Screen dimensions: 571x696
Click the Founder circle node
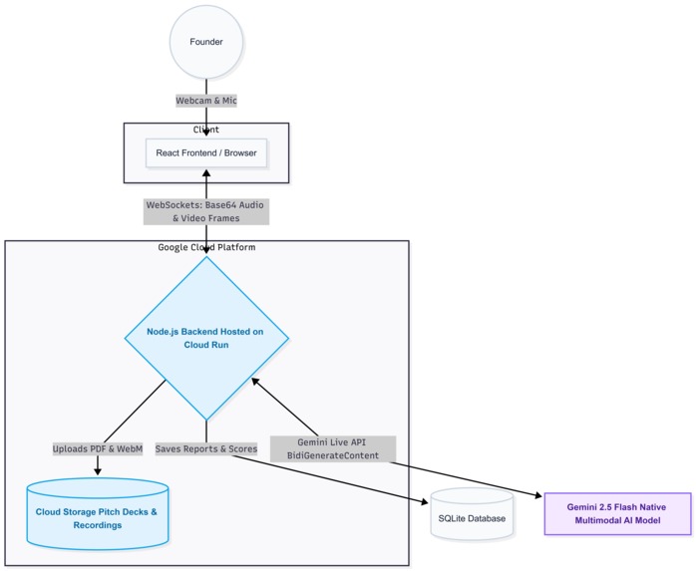coord(206,42)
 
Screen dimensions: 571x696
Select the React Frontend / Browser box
coord(205,153)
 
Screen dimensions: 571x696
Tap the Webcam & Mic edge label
coord(206,101)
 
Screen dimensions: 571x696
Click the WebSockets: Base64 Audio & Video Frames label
coord(206,211)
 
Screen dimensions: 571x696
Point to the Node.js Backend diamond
coord(206,338)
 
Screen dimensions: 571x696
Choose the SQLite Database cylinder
coord(472,517)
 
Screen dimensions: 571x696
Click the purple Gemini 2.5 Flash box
coord(617,513)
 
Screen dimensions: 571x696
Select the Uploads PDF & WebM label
coord(98,448)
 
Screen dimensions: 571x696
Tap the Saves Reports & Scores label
coord(206,448)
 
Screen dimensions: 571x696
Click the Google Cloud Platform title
coord(206,247)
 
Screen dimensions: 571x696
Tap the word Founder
coord(206,42)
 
